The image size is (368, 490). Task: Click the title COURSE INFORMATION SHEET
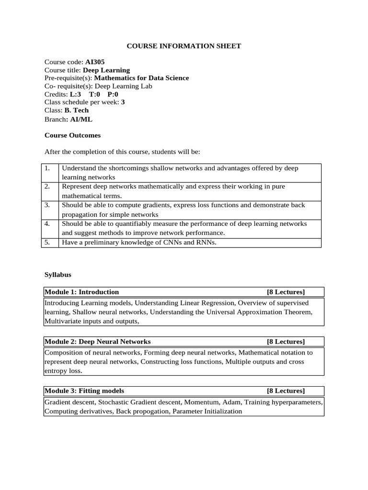[184, 46]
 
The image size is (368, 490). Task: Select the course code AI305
[95, 62]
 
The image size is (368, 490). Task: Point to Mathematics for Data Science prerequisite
[141, 78]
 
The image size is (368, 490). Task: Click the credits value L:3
[75, 94]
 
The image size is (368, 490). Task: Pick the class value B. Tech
[77, 110]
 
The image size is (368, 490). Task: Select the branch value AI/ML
[81, 119]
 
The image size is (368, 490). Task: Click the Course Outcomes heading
[72, 135]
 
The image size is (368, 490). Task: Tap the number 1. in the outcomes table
[47, 168]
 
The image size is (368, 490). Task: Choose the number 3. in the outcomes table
[47, 205]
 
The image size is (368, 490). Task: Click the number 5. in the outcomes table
[47, 242]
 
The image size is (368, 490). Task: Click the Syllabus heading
[58, 275]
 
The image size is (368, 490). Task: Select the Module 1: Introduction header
[82, 292]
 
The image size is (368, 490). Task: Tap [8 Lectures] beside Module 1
[286, 292]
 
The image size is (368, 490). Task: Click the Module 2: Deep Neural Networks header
[98, 342]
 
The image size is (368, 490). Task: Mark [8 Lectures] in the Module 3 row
[286, 391]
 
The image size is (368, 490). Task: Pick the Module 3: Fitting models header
[84, 391]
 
